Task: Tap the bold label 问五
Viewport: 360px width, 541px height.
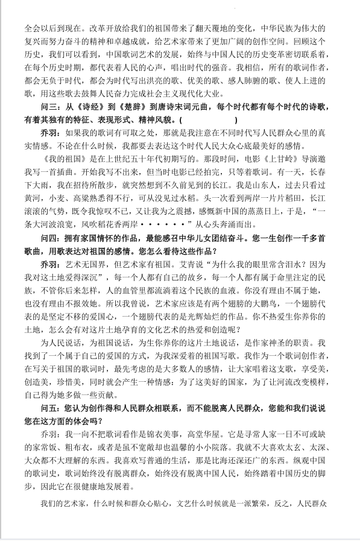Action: (49, 408)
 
